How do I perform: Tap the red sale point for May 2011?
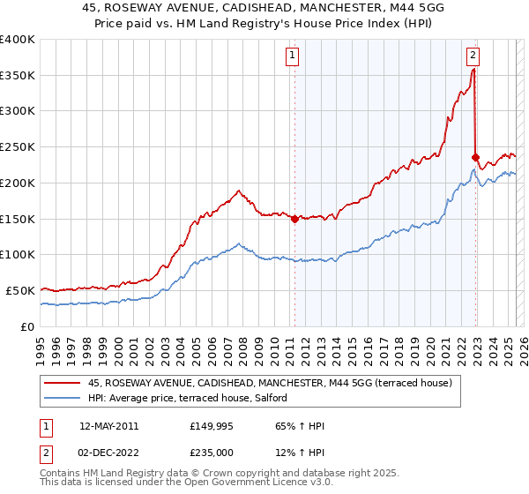tap(294, 220)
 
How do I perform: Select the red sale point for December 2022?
tap(475, 158)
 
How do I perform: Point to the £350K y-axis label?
tap(18, 76)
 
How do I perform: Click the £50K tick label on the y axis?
tap(20, 290)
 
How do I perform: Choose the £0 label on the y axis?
tap(26, 326)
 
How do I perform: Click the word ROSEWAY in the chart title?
tap(161, 8)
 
